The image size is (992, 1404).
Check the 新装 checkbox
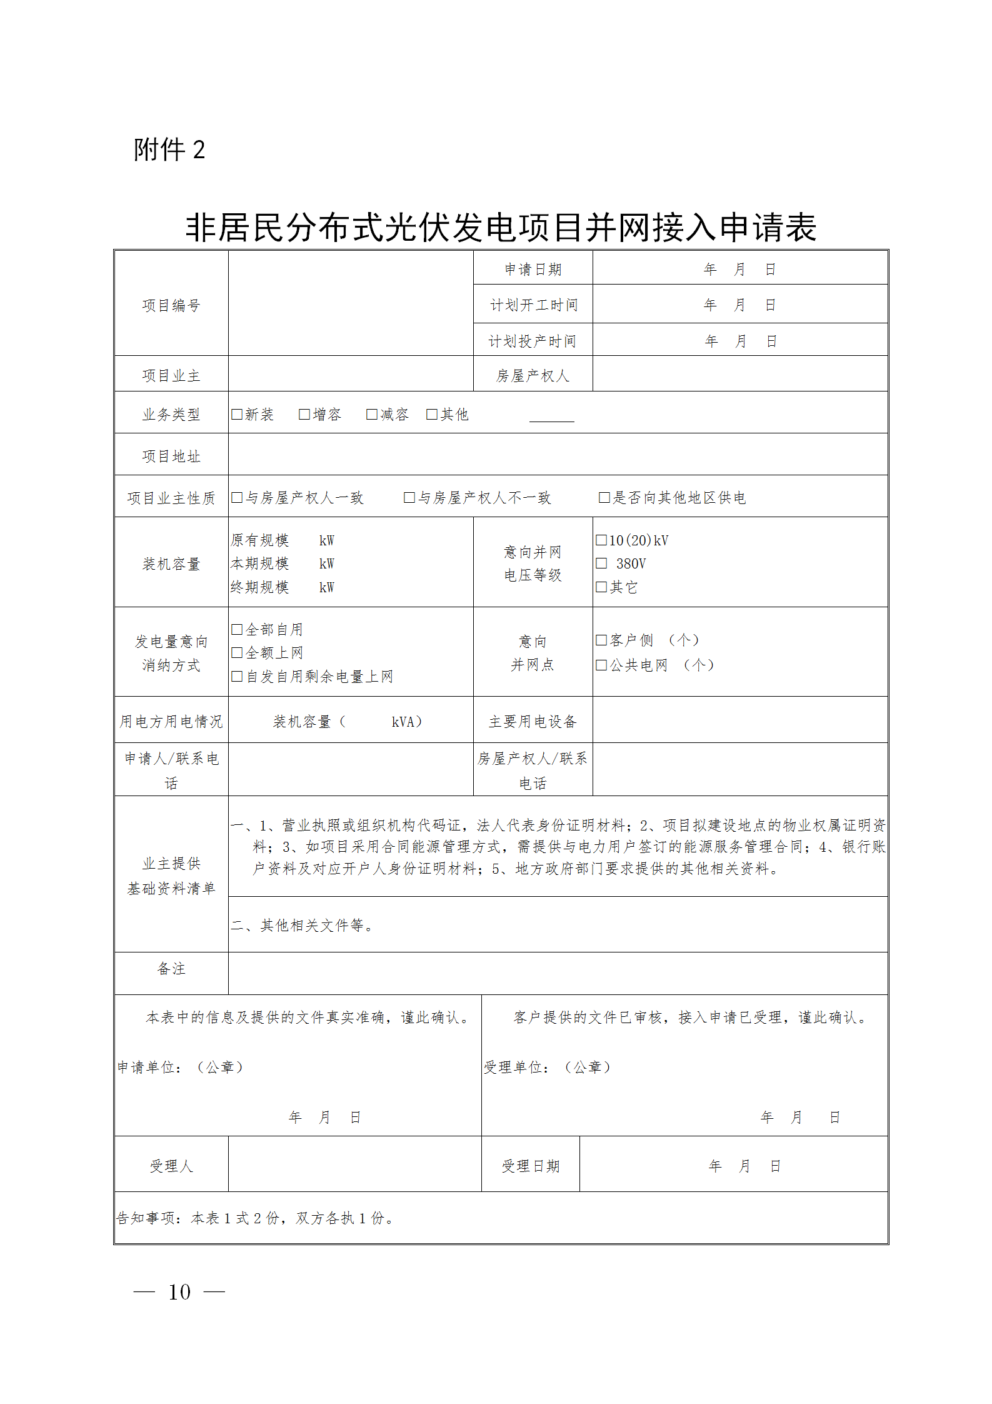(237, 414)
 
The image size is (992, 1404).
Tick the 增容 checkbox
(304, 414)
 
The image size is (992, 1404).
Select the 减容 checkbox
(372, 414)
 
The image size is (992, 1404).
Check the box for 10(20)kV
(601, 540)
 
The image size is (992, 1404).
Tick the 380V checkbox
(601, 563)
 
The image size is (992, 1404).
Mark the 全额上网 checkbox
(237, 652)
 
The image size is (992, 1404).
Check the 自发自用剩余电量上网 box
(237, 676)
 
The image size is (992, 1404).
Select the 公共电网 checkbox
(601, 665)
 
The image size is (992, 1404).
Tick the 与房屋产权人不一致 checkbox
(409, 497)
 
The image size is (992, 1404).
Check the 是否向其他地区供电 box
(604, 497)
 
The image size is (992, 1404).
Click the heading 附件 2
(169, 150)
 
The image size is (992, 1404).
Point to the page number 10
(179, 1291)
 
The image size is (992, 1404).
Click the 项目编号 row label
(171, 305)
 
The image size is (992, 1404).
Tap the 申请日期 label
(533, 269)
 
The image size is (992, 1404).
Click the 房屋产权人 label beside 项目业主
(533, 375)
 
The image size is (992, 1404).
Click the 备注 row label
(171, 969)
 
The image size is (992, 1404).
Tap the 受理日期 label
(530, 1166)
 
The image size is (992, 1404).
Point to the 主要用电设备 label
(533, 721)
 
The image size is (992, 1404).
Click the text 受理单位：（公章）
(548, 1067)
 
